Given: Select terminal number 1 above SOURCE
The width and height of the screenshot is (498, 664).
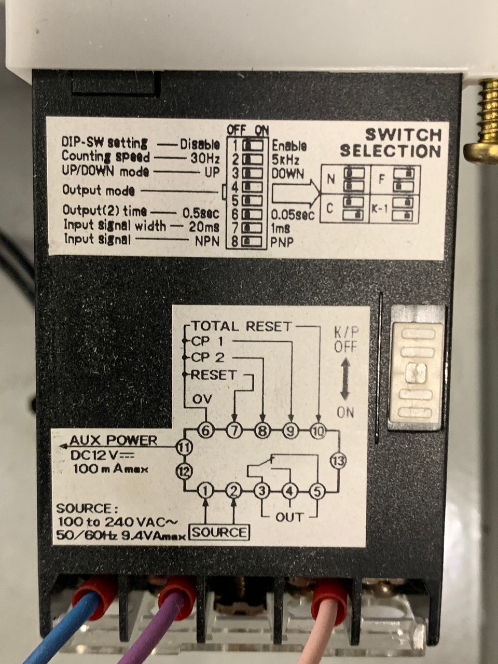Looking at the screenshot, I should (206, 490).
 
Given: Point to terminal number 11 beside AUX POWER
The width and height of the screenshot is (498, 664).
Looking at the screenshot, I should (184, 447).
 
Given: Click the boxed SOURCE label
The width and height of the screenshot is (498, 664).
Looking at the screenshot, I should (220, 532).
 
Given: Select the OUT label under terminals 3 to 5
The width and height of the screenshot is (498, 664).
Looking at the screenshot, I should (289, 517).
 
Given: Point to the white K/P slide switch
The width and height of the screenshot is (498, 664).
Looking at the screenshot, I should (416, 370).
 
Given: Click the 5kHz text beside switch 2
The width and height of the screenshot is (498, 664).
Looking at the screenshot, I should (286, 159).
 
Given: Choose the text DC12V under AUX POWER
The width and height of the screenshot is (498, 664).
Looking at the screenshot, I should (96, 456).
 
